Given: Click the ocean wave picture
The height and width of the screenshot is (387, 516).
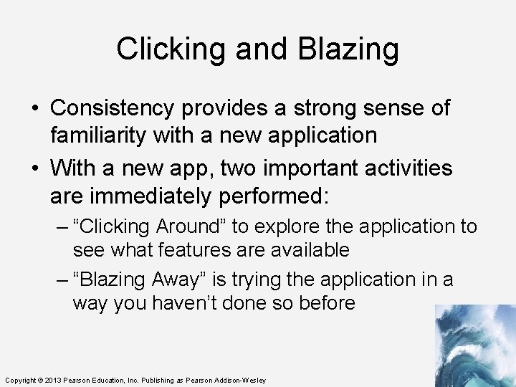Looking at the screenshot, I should click(474, 345).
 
